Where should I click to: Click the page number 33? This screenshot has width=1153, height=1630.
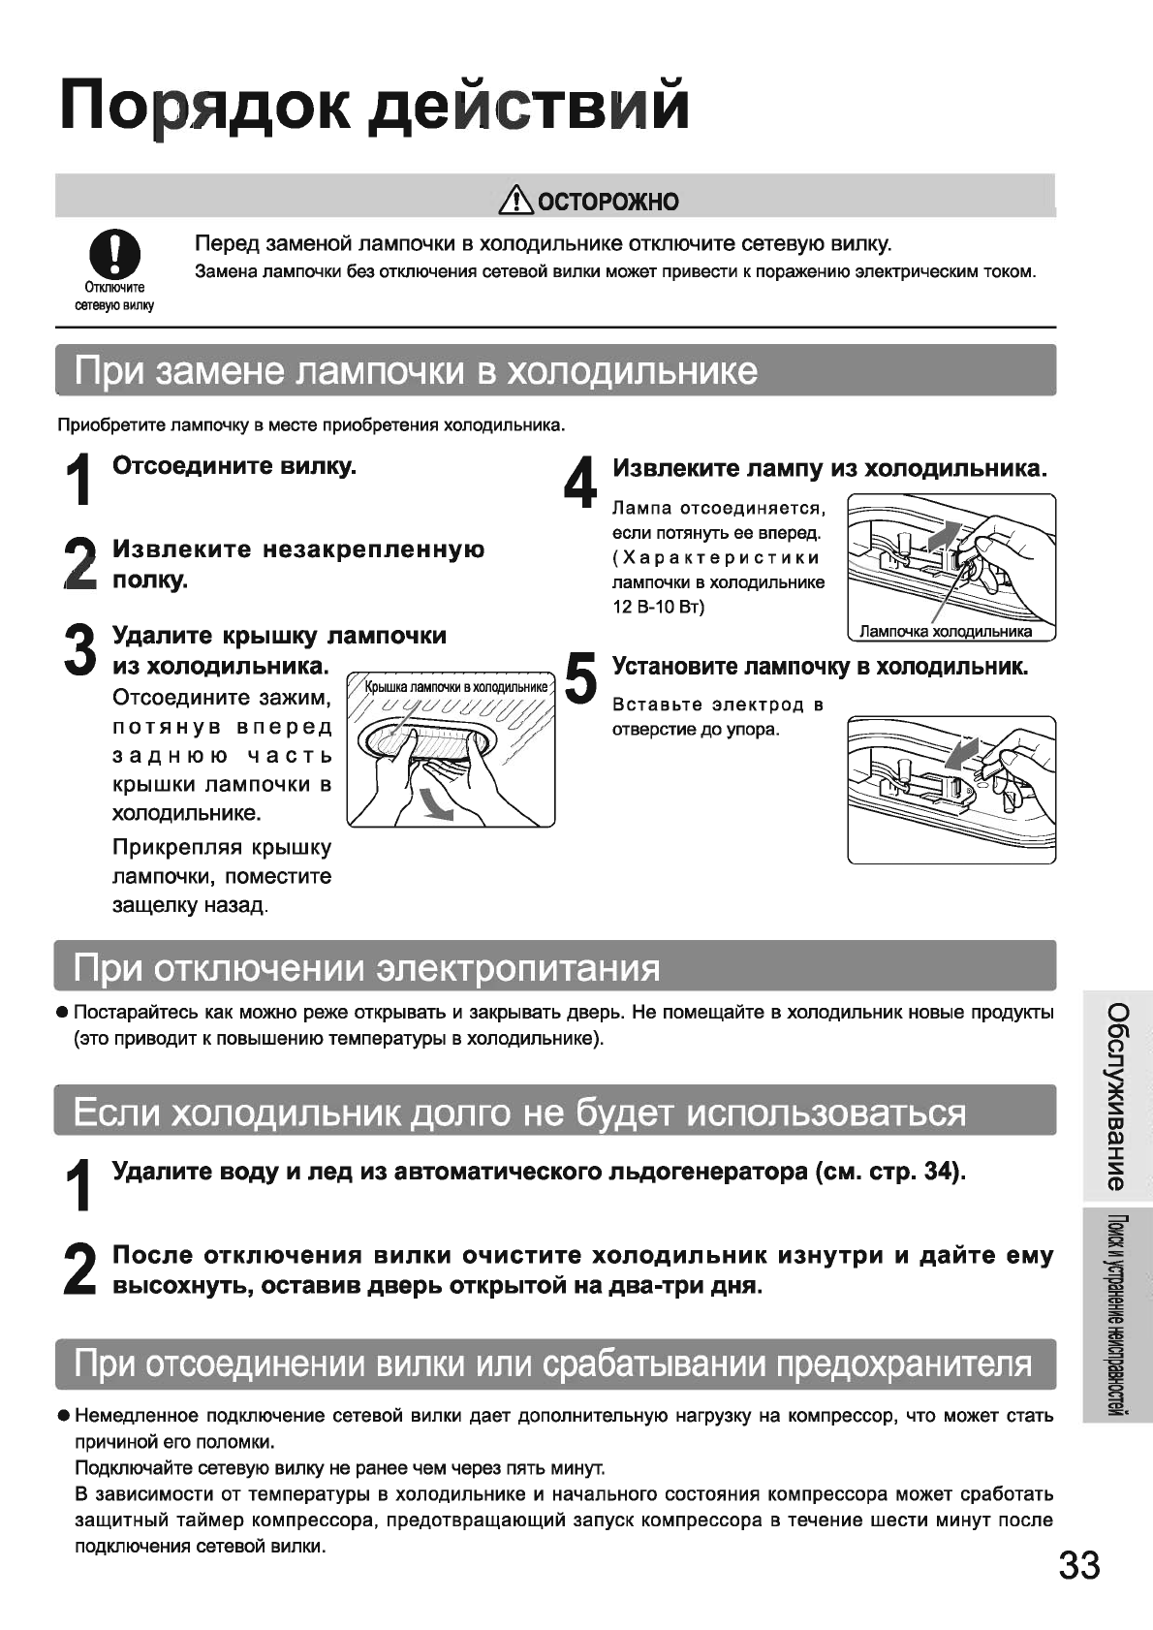click(1078, 1564)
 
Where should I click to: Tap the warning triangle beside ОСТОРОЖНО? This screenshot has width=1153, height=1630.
click(516, 201)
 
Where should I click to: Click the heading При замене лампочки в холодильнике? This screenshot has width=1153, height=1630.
click(417, 371)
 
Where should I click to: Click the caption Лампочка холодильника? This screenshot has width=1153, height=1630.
click(945, 632)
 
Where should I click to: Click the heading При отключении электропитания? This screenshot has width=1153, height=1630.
click(367, 967)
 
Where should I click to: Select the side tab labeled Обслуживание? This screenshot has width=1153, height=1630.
click(1116, 1096)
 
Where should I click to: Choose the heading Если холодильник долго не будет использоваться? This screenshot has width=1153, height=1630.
click(519, 1112)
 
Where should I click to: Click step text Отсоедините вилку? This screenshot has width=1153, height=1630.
click(234, 466)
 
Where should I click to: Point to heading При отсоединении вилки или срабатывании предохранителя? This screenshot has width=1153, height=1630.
click(553, 1364)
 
